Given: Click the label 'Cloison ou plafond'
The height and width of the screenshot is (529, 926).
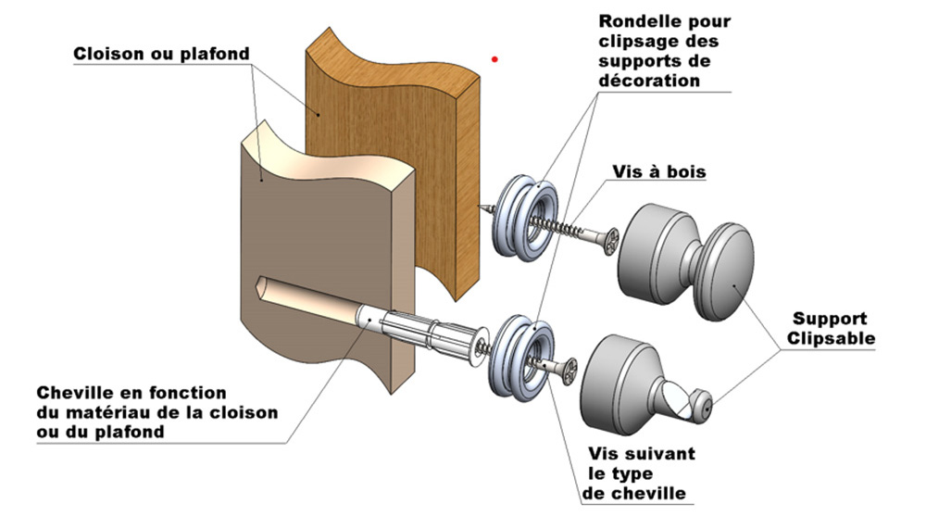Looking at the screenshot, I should click(161, 54).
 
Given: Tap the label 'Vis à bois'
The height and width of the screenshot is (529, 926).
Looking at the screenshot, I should click(658, 172).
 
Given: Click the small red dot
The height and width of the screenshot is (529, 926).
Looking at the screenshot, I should click(495, 59).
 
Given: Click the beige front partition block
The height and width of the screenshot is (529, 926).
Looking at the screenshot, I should click(315, 232).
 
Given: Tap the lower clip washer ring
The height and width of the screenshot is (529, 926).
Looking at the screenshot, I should click(522, 357).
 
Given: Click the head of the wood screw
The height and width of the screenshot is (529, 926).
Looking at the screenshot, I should click(610, 243).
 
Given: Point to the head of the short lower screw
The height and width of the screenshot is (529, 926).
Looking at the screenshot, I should click(567, 370).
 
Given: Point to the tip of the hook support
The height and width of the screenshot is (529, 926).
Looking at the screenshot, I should click(708, 406).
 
